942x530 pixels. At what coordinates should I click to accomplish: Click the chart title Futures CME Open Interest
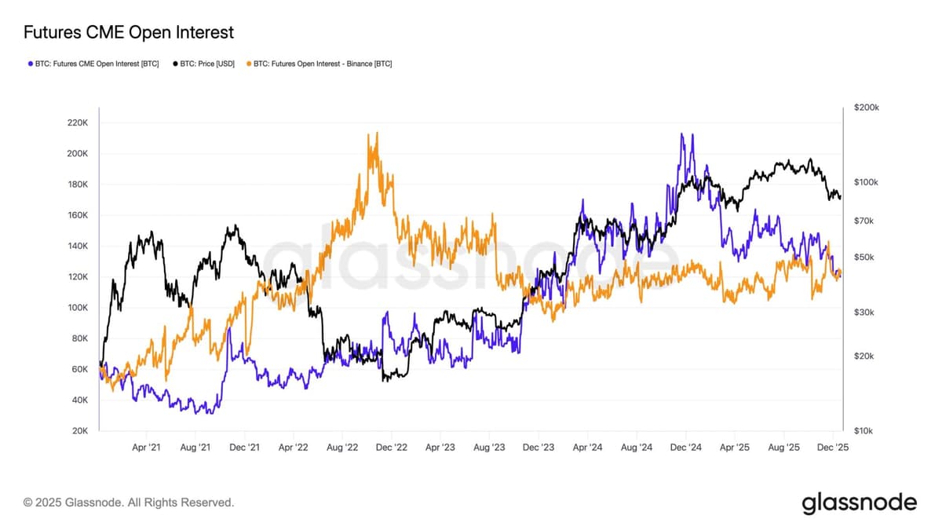pyautogui.click(x=129, y=32)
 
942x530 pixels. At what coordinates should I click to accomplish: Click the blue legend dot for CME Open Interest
pyautogui.click(x=30, y=63)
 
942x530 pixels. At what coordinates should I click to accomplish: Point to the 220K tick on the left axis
pyautogui.click(x=78, y=123)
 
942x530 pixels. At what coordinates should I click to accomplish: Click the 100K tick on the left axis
pyautogui.click(x=78, y=308)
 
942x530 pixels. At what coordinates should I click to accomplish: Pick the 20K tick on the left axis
pyautogui.click(x=78, y=431)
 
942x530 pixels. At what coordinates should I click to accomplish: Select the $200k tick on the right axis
pyautogui.click(x=866, y=107)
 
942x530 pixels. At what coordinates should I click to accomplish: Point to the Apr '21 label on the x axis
pyautogui.click(x=146, y=448)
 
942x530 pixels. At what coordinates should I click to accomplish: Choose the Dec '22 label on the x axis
pyautogui.click(x=391, y=448)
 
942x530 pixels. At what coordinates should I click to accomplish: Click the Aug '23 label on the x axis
pyautogui.click(x=489, y=448)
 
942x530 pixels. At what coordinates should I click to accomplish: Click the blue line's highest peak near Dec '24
pyautogui.click(x=681, y=134)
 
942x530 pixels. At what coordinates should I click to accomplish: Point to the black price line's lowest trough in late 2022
pyautogui.click(x=385, y=380)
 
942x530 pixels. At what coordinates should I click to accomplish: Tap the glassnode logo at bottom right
pyautogui.click(x=859, y=503)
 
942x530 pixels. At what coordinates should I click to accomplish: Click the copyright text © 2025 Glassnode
pyautogui.click(x=129, y=502)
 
